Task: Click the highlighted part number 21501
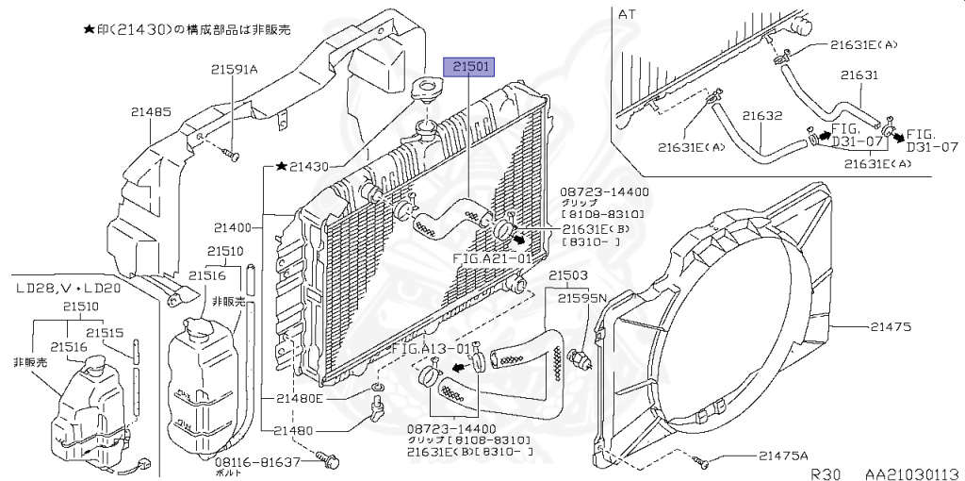click(470, 68)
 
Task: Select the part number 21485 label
click(151, 112)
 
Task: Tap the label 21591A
click(234, 68)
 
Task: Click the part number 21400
click(233, 227)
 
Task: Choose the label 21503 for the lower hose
click(568, 275)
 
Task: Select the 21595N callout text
click(581, 298)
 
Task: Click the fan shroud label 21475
click(891, 326)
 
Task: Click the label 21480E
click(299, 398)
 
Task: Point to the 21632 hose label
click(761, 116)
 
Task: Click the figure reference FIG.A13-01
click(430, 349)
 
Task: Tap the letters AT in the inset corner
click(627, 14)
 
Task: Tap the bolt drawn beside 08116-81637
click(330, 461)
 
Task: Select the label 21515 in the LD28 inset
click(106, 332)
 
